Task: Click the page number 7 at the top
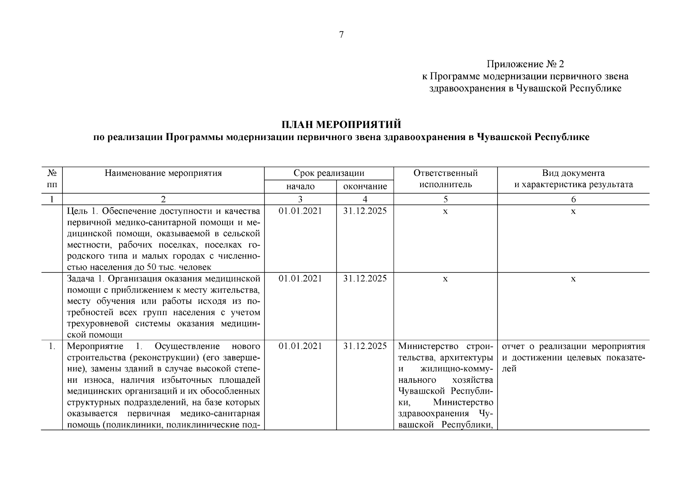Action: tap(341, 35)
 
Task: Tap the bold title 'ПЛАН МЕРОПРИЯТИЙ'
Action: tap(341, 124)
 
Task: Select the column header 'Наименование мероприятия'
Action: tap(163, 173)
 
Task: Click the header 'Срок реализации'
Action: tap(329, 173)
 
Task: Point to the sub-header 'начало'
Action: tap(300, 186)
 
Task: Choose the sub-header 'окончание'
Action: tap(365, 186)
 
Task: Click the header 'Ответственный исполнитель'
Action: tap(445, 179)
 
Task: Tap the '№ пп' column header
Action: tap(52, 179)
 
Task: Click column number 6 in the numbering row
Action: tap(573, 199)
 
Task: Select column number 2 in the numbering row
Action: tap(163, 199)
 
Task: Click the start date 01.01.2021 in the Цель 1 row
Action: tap(300, 211)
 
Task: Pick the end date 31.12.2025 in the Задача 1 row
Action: tap(365, 279)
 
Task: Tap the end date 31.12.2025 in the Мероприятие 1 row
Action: tap(365, 346)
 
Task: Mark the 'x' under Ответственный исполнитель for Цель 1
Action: tap(445, 211)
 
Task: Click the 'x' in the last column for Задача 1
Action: tap(573, 279)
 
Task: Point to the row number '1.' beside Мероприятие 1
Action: tap(52, 346)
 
